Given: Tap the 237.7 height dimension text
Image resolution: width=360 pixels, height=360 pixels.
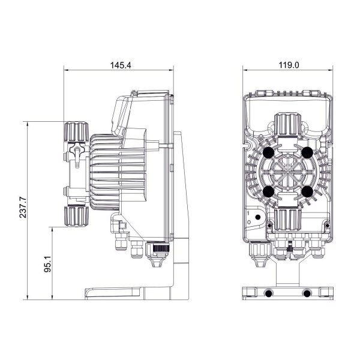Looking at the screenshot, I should (23, 208).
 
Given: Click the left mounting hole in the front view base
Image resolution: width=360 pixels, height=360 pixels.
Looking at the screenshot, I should (268, 293).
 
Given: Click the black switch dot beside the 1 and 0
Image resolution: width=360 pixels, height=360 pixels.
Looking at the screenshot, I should (257, 217).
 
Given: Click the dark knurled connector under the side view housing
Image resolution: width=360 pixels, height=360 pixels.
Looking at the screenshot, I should (158, 248).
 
